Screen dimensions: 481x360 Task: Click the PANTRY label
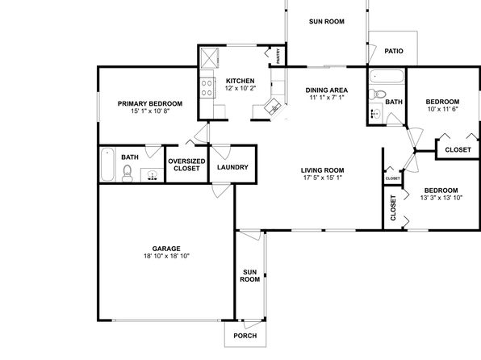tap(278, 57)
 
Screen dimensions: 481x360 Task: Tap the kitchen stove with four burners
tap(207, 88)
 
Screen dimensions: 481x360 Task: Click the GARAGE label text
tap(166, 249)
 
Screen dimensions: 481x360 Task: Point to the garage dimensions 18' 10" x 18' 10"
tap(166, 256)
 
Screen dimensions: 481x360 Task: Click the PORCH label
tap(245, 336)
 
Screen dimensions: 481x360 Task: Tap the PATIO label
tap(394, 51)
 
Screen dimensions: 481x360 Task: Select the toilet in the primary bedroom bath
tap(127, 174)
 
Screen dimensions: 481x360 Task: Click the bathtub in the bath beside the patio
tap(386, 77)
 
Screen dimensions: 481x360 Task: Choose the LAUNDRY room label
tap(232, 167)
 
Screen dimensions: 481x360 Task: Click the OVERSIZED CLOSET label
tap(186, 165)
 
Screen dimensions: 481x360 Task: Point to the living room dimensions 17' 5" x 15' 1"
tap(322, 178)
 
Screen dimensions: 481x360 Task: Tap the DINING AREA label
tap(327, 90)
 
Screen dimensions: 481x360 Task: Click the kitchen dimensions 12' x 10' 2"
tap(240, 89)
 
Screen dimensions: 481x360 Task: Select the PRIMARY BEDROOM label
tap(150, 104)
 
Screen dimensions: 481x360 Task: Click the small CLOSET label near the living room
tap(393, 178)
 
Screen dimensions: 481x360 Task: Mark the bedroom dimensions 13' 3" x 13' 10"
tap(441, 198)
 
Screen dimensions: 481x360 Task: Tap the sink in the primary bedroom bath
tap(153, 175)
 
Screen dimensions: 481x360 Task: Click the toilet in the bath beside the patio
tap(377, 94)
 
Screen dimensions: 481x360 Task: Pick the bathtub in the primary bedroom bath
tap(107, 164)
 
